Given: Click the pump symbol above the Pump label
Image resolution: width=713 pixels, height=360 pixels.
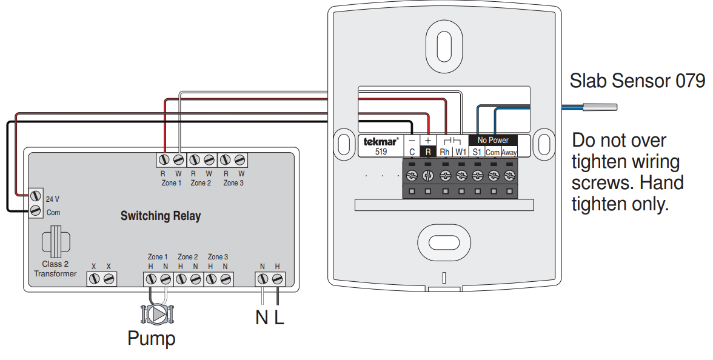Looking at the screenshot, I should click(158, 314).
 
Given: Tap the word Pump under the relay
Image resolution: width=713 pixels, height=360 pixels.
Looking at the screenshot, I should click(151, 338).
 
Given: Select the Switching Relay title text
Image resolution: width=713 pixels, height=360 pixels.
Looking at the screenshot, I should click(161, 216).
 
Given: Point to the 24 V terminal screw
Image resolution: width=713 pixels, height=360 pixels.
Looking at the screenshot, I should click(36, 196).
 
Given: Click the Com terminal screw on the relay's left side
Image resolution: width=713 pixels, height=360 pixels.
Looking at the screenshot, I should click(36, 210).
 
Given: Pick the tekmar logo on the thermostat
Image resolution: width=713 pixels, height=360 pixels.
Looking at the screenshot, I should click(381, 142).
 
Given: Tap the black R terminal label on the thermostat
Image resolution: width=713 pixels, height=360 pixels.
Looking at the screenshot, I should click(428, 152).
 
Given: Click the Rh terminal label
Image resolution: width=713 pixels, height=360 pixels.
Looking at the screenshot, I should click(445, 152).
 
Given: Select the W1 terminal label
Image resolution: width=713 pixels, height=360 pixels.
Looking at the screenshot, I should click(461, 152).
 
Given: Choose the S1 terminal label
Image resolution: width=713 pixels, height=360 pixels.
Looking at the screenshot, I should click(477, 152).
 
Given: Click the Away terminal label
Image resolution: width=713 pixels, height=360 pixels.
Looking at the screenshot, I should click(509, 152).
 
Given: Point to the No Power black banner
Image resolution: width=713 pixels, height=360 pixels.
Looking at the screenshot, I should click(493, 140).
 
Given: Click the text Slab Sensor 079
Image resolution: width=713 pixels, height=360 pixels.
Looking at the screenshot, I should click(637, 80).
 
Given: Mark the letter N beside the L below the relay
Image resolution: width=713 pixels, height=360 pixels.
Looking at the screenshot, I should click(261, 317).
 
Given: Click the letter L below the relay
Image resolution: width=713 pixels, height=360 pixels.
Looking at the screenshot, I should click(279, 317).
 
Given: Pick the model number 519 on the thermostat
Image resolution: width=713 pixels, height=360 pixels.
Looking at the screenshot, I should click(381, 152).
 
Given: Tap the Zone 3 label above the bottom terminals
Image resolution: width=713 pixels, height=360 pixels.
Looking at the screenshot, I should click(218, 257).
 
